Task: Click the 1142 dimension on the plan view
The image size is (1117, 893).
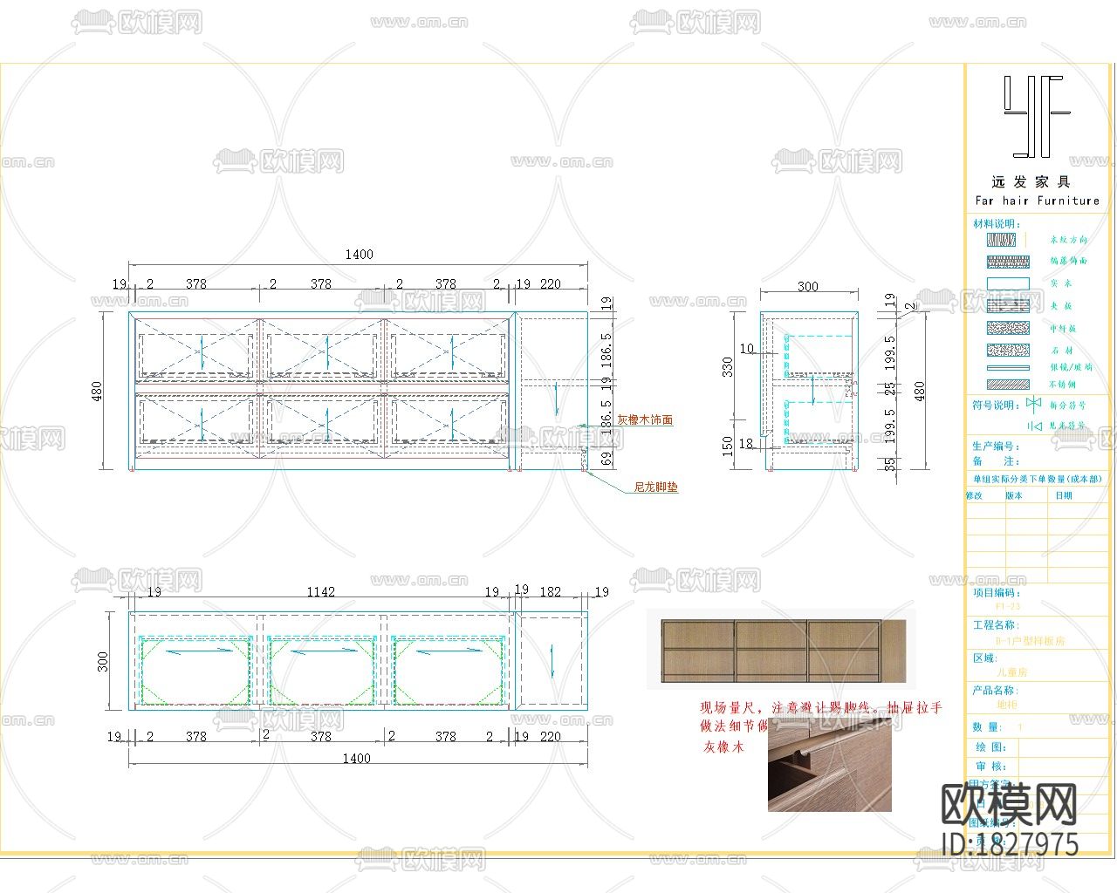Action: click(x=320, y=591)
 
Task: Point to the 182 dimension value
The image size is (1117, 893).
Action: click(x=551, y=591)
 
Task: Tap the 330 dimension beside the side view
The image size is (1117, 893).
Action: click(x=728, y=366)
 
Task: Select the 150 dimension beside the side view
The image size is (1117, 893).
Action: click(x=728, y=446)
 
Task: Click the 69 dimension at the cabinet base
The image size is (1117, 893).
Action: click(x=606, y=459)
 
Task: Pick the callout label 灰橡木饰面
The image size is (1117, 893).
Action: click(x=645, y=419)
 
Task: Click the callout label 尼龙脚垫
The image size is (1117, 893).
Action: click(x=655, y=487)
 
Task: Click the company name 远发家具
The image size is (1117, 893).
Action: click(x=1031, y=182)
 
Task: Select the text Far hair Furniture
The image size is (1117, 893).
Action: click(x=1037, y=201)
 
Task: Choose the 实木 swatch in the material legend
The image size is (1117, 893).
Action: click(x=1008, y=283)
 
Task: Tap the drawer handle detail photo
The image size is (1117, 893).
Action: click(x=830, y=766)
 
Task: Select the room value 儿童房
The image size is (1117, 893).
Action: click(x=1012, y=673)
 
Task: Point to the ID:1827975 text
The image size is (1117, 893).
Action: click(x=1011, y=844)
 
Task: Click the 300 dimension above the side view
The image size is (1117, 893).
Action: click(x=808, y=286)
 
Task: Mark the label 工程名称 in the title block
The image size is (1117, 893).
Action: click(x=995, y=625)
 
